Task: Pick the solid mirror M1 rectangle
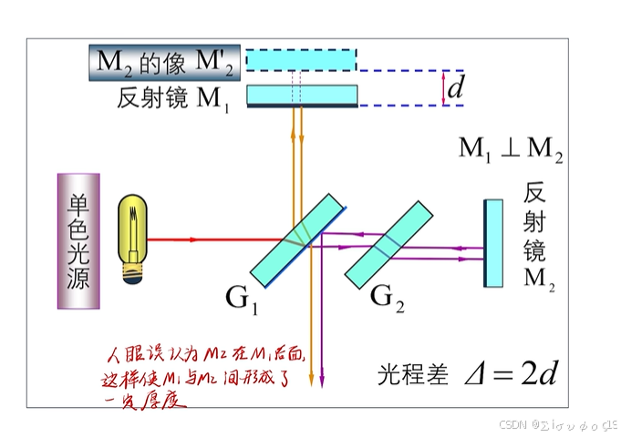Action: [302, 95]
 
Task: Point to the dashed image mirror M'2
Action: [302, 59]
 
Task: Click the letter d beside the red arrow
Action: [457, 87]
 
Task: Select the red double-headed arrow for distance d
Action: [443, 88]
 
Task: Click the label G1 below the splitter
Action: [242, 297]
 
